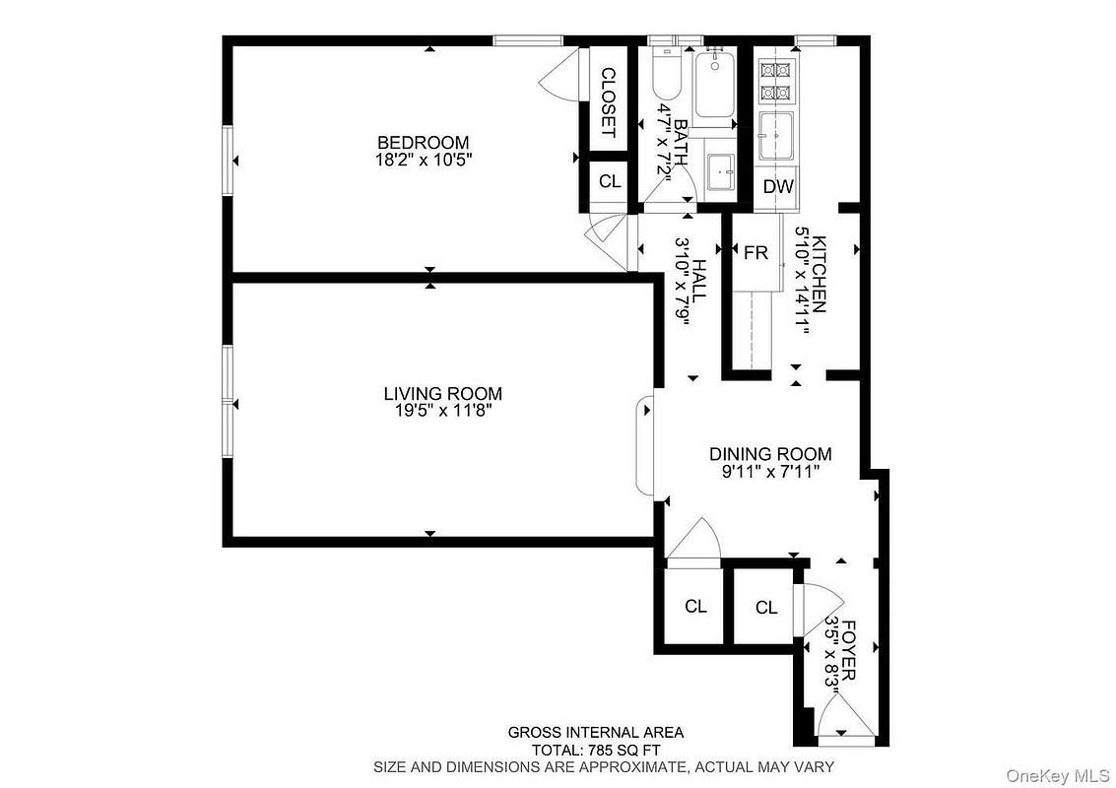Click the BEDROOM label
pos(423,143)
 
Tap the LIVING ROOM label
pos(442,394)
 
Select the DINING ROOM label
pos(770,454)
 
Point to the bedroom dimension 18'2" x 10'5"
pos(424,160)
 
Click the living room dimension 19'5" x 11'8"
pos(442,411)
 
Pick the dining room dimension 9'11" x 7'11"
pos(770,471)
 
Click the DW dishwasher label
pos(778,186)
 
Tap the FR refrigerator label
pos(755,252)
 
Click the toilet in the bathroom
pos(667,74)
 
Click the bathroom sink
pos(723,172)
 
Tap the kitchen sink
pos(776,136)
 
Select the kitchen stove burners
pos(776,81)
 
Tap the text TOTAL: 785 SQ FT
pos(596,750)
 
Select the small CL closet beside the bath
pos(610,181)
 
